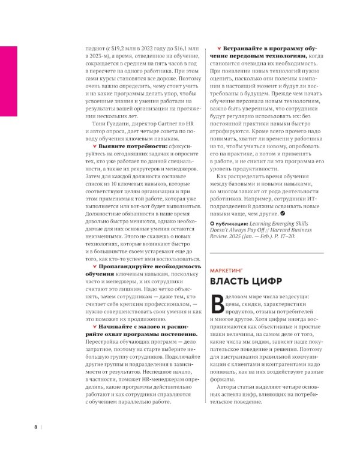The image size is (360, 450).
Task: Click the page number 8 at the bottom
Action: click(x=35, y=427)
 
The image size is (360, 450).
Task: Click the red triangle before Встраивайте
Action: click(x=219, y=47)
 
